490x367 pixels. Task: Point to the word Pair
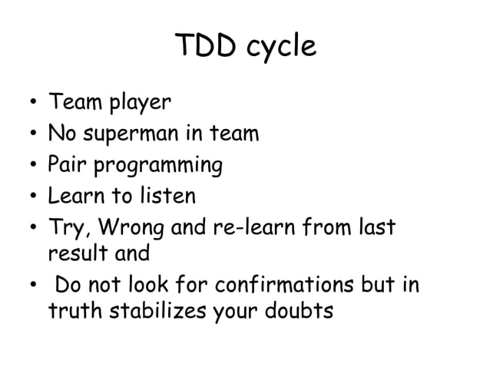[68, 166]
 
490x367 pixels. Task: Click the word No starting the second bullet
[61, 134]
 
